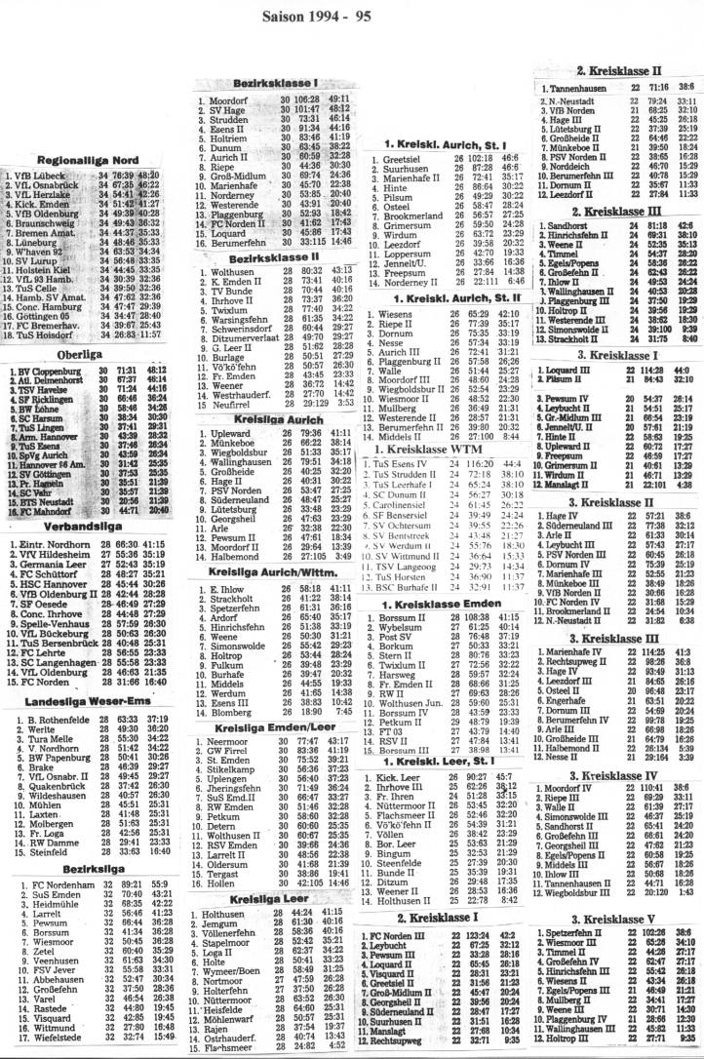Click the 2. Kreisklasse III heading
point(617,211)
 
